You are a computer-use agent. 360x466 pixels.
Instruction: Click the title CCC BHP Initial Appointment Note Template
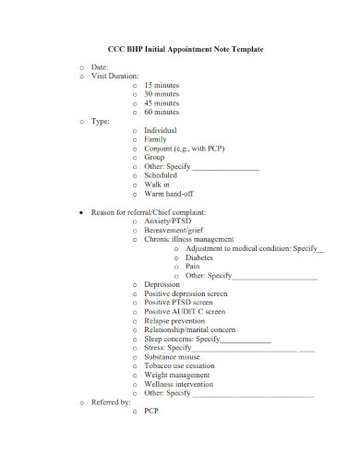click(180, 48)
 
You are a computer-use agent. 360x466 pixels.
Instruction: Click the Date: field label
click(100, 67)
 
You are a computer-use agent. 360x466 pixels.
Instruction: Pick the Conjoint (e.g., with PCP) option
click(185, 149)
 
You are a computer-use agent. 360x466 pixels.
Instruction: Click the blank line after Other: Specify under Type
click(225, 167)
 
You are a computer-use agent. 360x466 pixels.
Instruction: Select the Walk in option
click(157, 185)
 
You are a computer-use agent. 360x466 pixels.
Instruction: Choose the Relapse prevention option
click(176, 320)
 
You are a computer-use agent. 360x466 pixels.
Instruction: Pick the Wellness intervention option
click(180, 384)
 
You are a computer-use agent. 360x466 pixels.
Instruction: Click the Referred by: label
click(111, 402)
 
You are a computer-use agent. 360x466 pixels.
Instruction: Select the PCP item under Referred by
click(152, 412)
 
